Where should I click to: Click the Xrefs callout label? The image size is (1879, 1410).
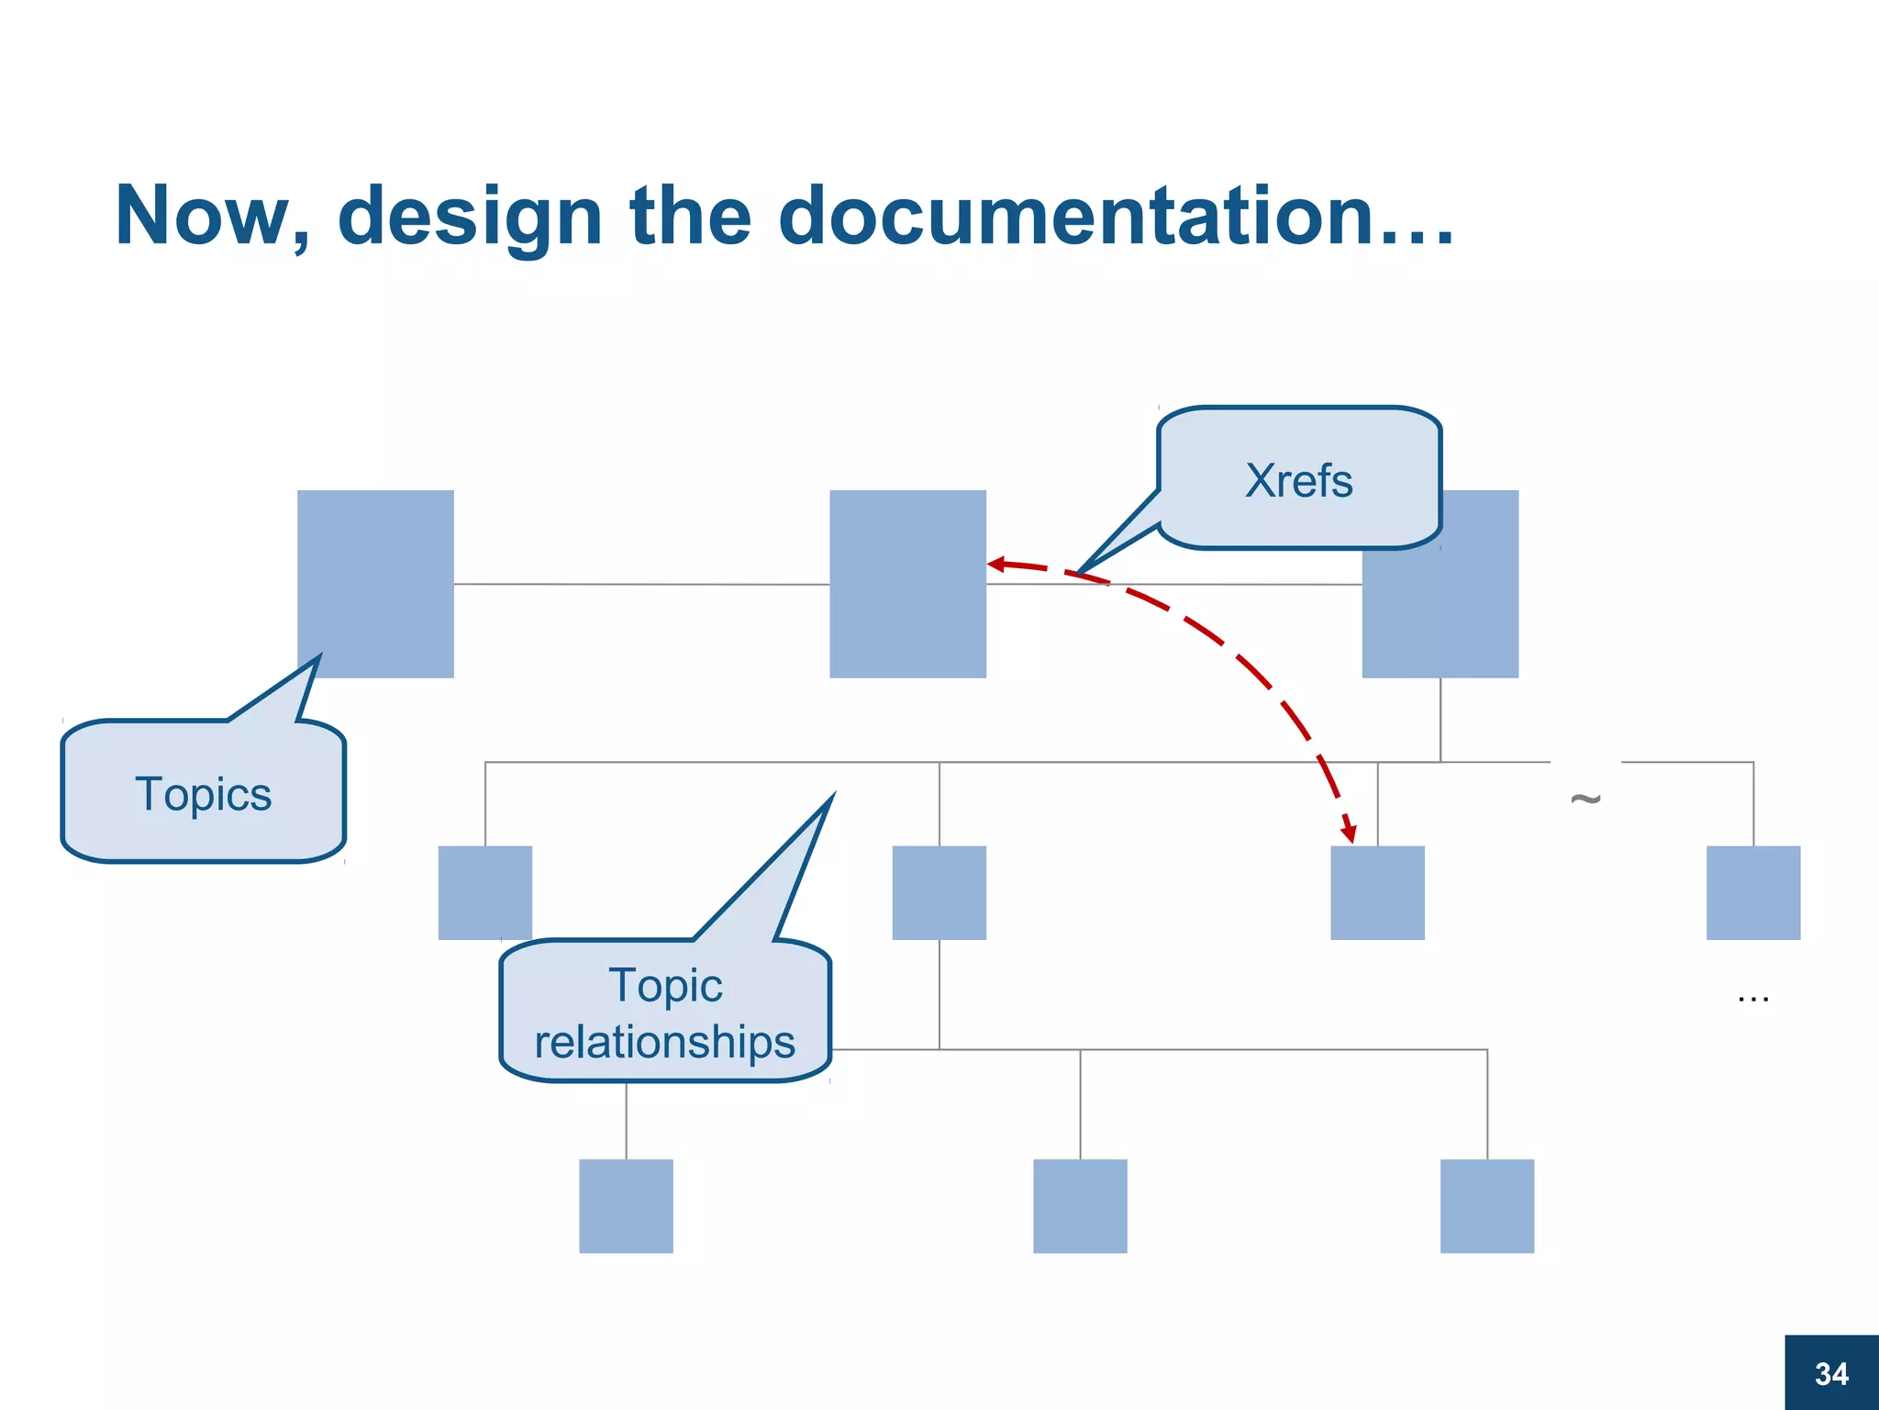pyautogui.click(x=1298, y=480)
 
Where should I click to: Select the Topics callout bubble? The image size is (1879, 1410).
pyautogui.click(x=203, y=793)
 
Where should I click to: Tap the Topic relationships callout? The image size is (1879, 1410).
pyautogui.click(x=665, y=1013)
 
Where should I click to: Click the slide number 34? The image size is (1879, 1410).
pyautogui.click(x=1831, y=1373)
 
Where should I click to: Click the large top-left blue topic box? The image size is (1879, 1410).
pyautogui.click(x=375, y=584)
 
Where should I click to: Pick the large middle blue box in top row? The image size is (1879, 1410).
pyautogui.click(x=907, y=584)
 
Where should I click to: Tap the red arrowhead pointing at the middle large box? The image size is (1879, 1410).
pyautogui.click(x=996, y=564)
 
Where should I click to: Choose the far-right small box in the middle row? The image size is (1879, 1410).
pyautogui.click(x=1752, y=892)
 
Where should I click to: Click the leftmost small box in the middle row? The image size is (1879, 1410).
pyautogui.click(x=484, y=892)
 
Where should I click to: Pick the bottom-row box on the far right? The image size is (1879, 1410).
pyautogui.click(x=1486, y=1205)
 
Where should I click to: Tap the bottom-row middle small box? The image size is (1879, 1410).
pyautogui.click(x=1080, y=1205)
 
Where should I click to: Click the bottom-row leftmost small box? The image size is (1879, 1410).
pyautogui.click(x=626, y=1205)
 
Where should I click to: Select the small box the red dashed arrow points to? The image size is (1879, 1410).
pyautogui.click(x=1377, y=892)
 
